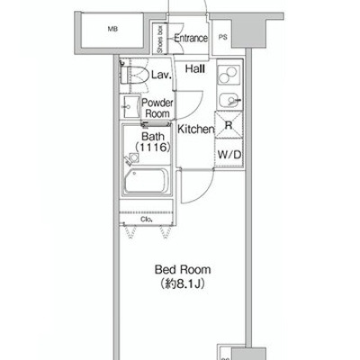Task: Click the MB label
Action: (112, 29)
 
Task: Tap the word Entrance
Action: (191, 38)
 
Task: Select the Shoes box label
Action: (160, 39)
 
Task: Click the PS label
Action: (222, 37)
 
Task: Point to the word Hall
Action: (195, 69)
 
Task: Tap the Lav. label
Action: (161, 75)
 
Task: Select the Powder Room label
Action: (157, 108)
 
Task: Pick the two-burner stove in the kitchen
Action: (229, 75)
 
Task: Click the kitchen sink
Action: (229, 100)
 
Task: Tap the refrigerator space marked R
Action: (229, 125)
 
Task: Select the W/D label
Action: (229, 155)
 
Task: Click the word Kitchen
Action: (196, 130)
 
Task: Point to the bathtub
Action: (147, 182)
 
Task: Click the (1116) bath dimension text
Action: (153, 148)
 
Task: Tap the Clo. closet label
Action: (147, 220)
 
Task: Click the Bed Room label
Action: (183, 270)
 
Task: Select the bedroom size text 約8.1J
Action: (183, 284)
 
